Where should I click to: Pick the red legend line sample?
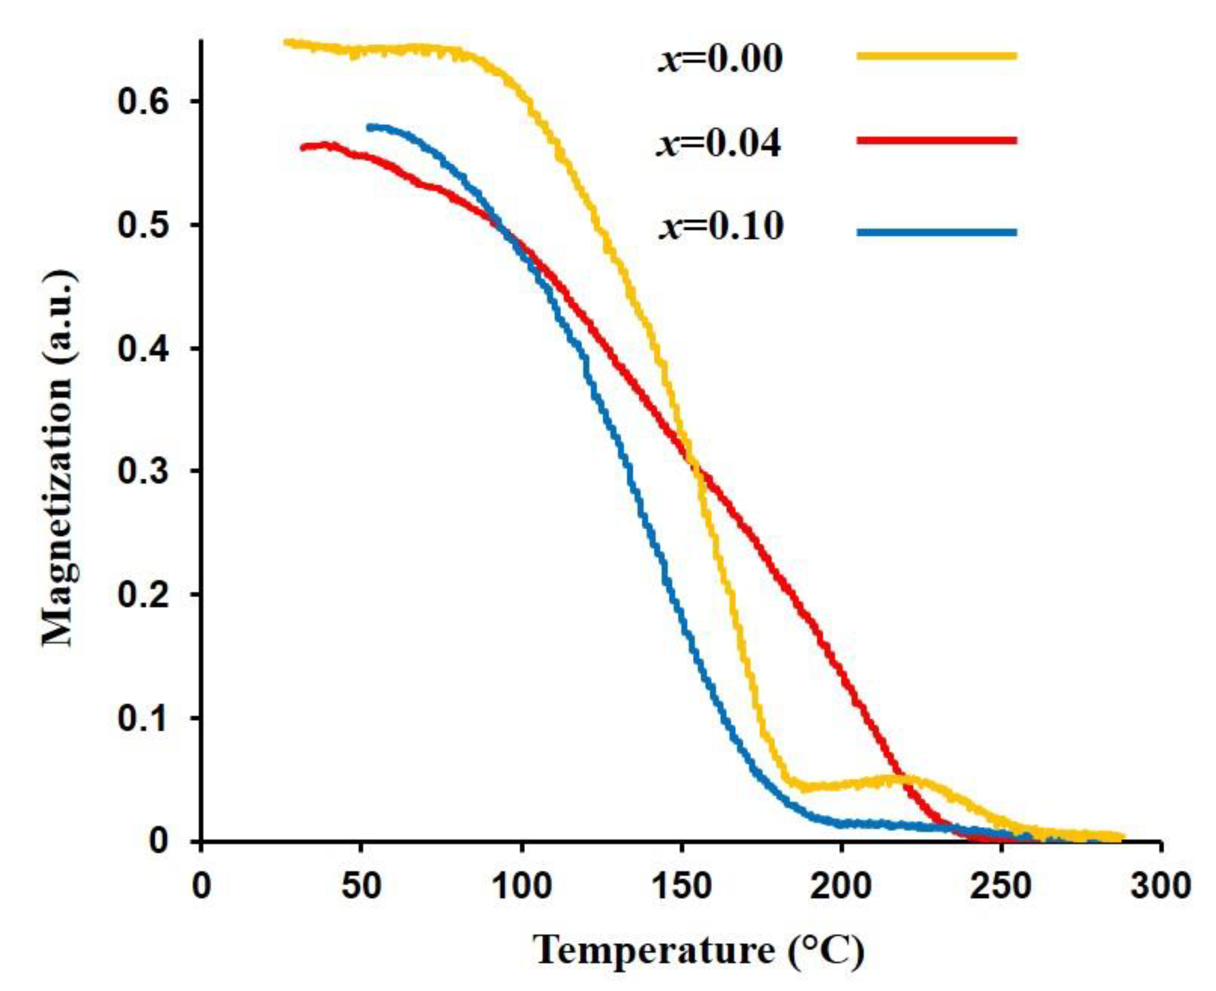pyautogui.click(x=936, y=140)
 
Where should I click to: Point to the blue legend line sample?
pyautogui.click(x=936, y=232)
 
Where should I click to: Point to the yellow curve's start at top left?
pyautogui.click(x=287, y=42)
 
